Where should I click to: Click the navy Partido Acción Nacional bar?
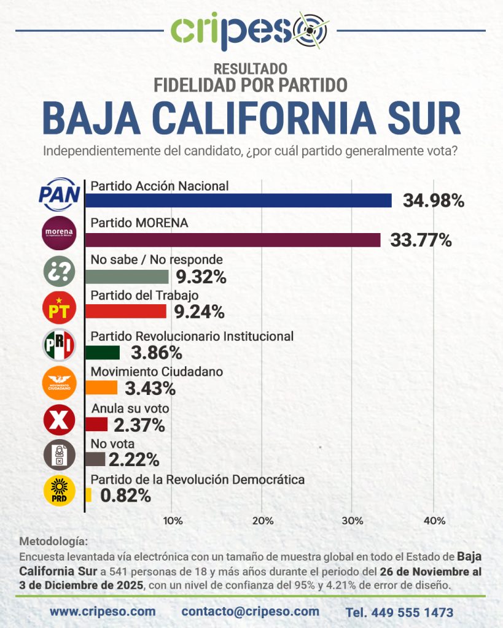click(238, 201)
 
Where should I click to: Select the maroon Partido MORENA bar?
click(233, 240)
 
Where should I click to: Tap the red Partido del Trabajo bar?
click(125, 312)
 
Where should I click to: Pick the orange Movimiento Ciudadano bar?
click(101, 388)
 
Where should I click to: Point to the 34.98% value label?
click(433, 201)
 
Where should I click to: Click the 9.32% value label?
click(200, 277)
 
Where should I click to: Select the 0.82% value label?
click(125, 496)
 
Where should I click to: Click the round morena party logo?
click(60, 233)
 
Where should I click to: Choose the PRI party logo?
click(60, 345)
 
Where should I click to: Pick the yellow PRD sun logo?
click(60, 491)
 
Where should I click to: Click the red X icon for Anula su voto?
click(60, 420)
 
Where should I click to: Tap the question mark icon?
click(60, 272)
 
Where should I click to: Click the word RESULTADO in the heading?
click(251, 69)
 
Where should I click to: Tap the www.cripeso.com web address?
click(103, 611)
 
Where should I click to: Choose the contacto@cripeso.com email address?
click(251, 611)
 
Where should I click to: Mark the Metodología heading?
click(54, 542)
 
